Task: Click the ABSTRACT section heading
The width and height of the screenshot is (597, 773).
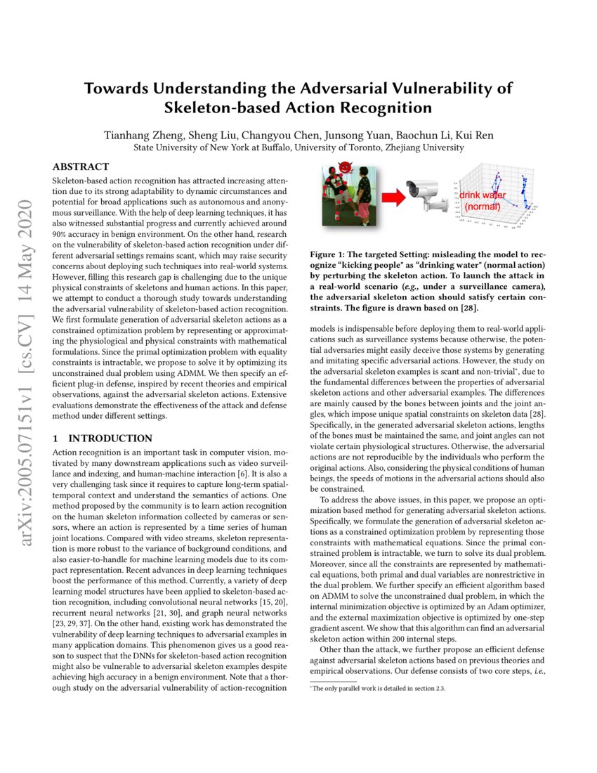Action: (81, 167)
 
